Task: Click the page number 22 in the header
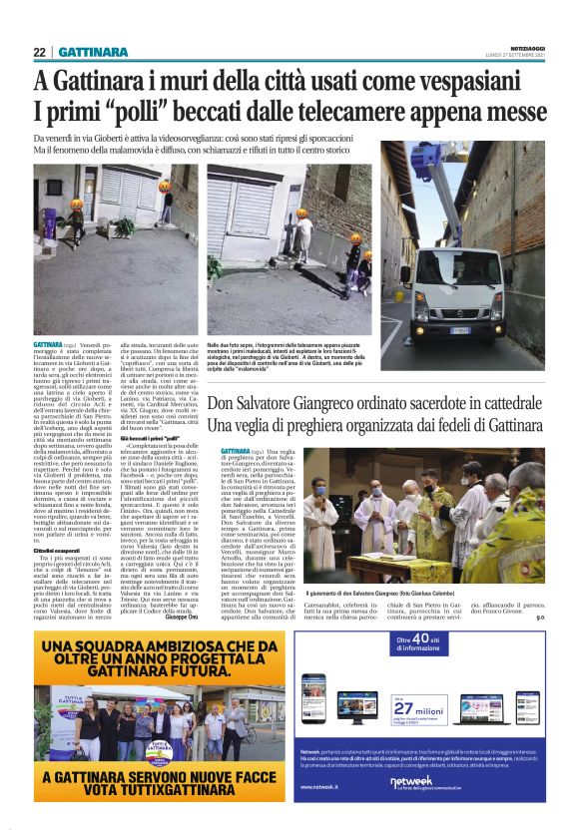(39, 52)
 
